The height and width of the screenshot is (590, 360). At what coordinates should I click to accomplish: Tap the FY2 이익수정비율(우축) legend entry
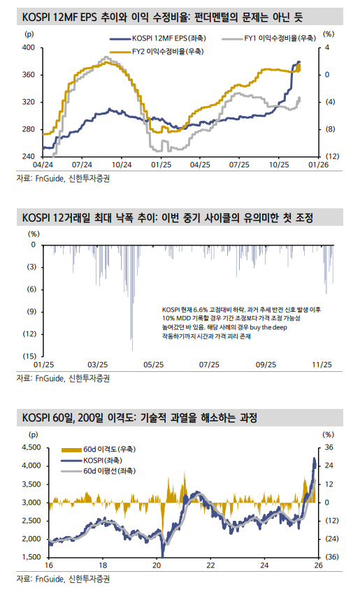point(165,52)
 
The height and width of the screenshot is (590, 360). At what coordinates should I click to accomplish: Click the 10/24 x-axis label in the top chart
point(122,165)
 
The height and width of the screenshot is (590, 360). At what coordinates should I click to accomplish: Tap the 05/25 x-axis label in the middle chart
point(153,365)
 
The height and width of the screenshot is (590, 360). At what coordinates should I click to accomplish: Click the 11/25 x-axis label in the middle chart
point(322,365)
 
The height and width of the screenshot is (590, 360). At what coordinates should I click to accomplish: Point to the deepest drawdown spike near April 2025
point(133,348)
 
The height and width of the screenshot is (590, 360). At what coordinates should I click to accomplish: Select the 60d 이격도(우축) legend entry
point(106,448)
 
